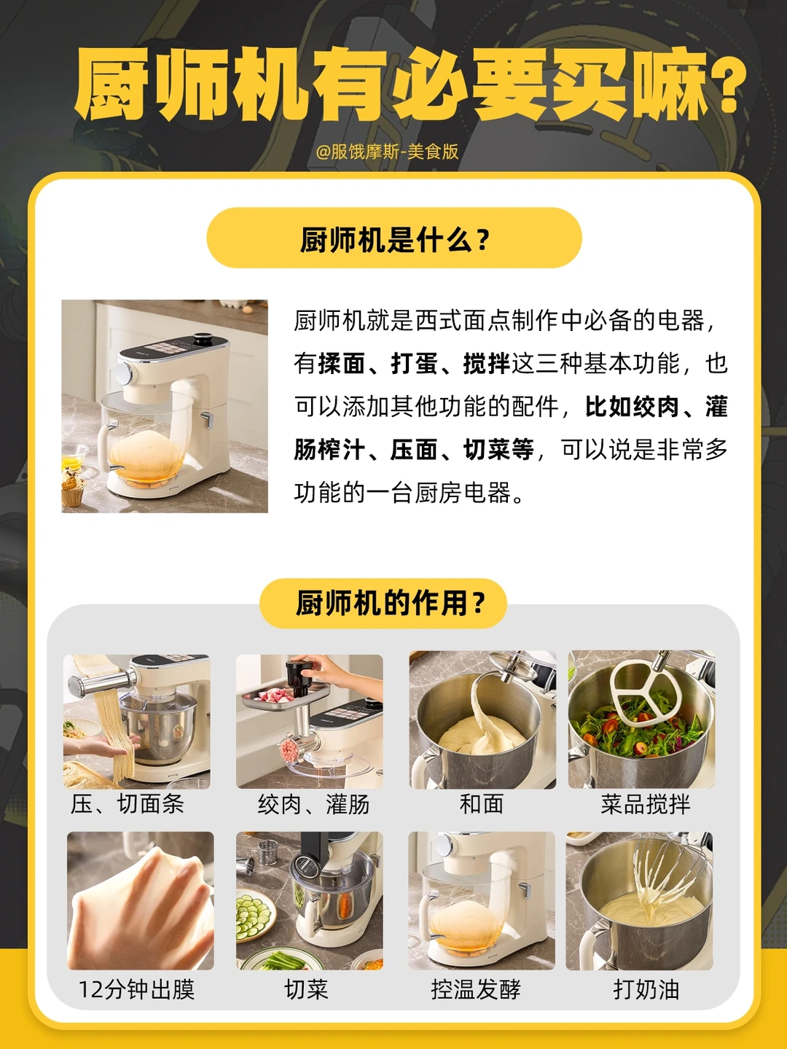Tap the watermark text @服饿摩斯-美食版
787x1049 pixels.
(x=387, y=152)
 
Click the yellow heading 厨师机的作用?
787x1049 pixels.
(x=390, y=602)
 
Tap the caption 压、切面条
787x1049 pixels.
(x=127, y=804)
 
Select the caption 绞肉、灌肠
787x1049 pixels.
(x=313, y=804)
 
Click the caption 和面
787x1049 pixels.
(x=482, y=804)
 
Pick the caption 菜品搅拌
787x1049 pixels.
(x=646, y=804)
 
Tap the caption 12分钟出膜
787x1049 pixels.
(x=136, y=989)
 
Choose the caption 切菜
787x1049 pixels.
(x=306, y=989)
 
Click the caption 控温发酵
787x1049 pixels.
(x=476, y=989)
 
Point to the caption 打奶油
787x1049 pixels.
(x=646, y=989)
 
